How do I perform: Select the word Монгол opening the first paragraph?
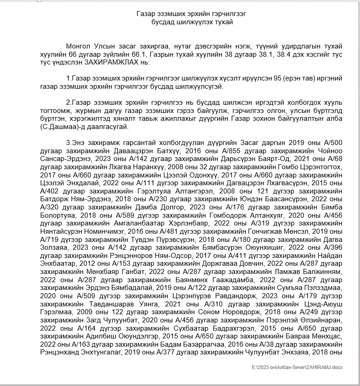click(78, 47)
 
